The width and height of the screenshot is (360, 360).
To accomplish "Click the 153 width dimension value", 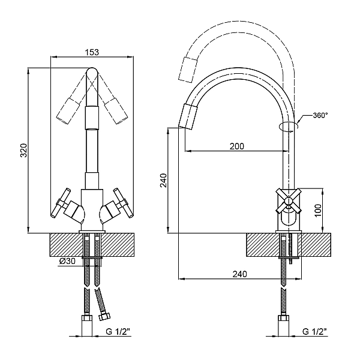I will [x=91, y=53].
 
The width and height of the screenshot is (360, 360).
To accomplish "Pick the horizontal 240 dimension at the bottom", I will [x=239, y=274].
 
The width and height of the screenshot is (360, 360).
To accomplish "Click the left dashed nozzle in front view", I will [x=68, y=111].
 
